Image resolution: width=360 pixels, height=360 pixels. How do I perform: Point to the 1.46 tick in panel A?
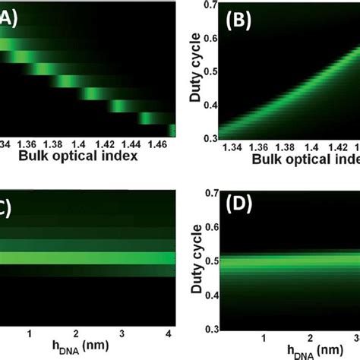156,142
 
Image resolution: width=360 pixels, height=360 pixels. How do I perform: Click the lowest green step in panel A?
173,128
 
